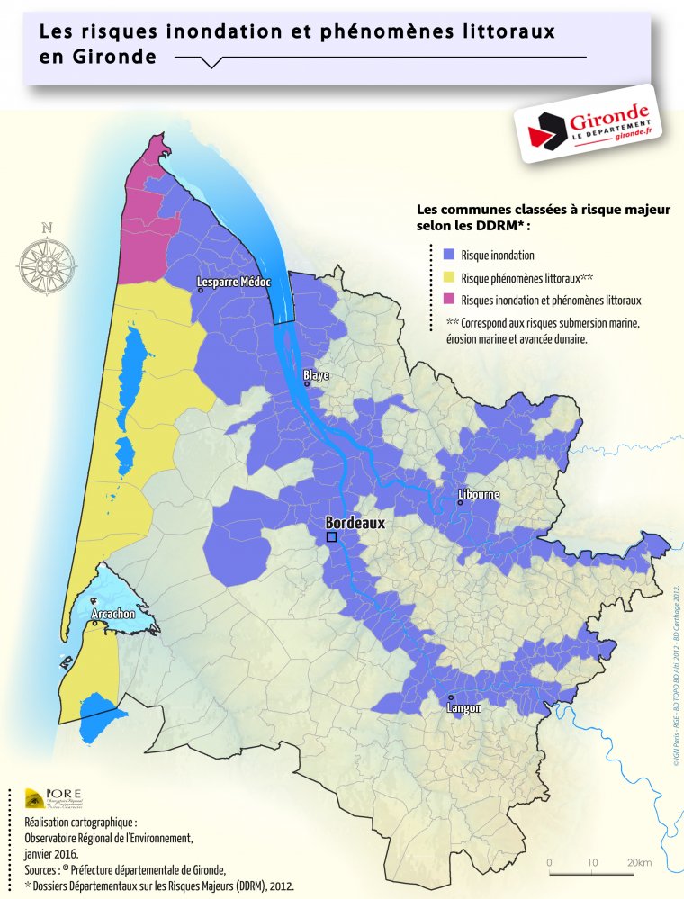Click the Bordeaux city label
point(355,522)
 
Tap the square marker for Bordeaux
point(331,537)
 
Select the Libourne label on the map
point(479,495)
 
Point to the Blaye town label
point(316,374)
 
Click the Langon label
point(463,708)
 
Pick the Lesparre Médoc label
point(234,283)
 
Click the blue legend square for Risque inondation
point(451,255)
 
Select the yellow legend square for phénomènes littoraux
point(451,277)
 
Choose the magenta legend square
point(451,300)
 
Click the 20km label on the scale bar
point(640,862)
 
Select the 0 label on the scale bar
point(549,862)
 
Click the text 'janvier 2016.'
point(51,854)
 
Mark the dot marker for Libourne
point(460,503)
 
